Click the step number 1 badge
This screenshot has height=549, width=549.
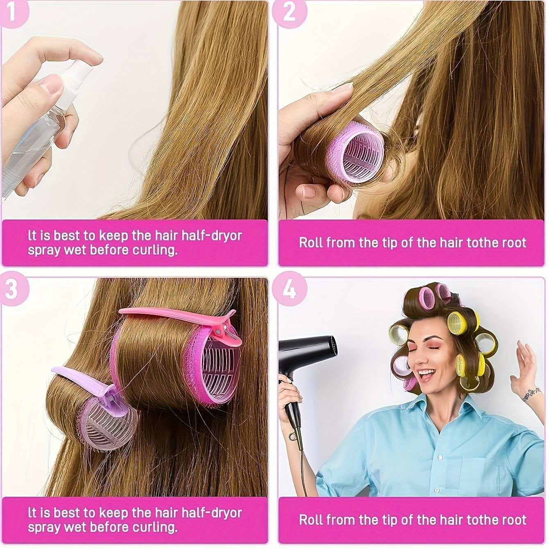[11, 12]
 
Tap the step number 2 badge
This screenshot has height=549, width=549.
[289, 12]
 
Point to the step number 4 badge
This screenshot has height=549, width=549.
[289, 289]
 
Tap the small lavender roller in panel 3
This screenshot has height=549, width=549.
[109, 422]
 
